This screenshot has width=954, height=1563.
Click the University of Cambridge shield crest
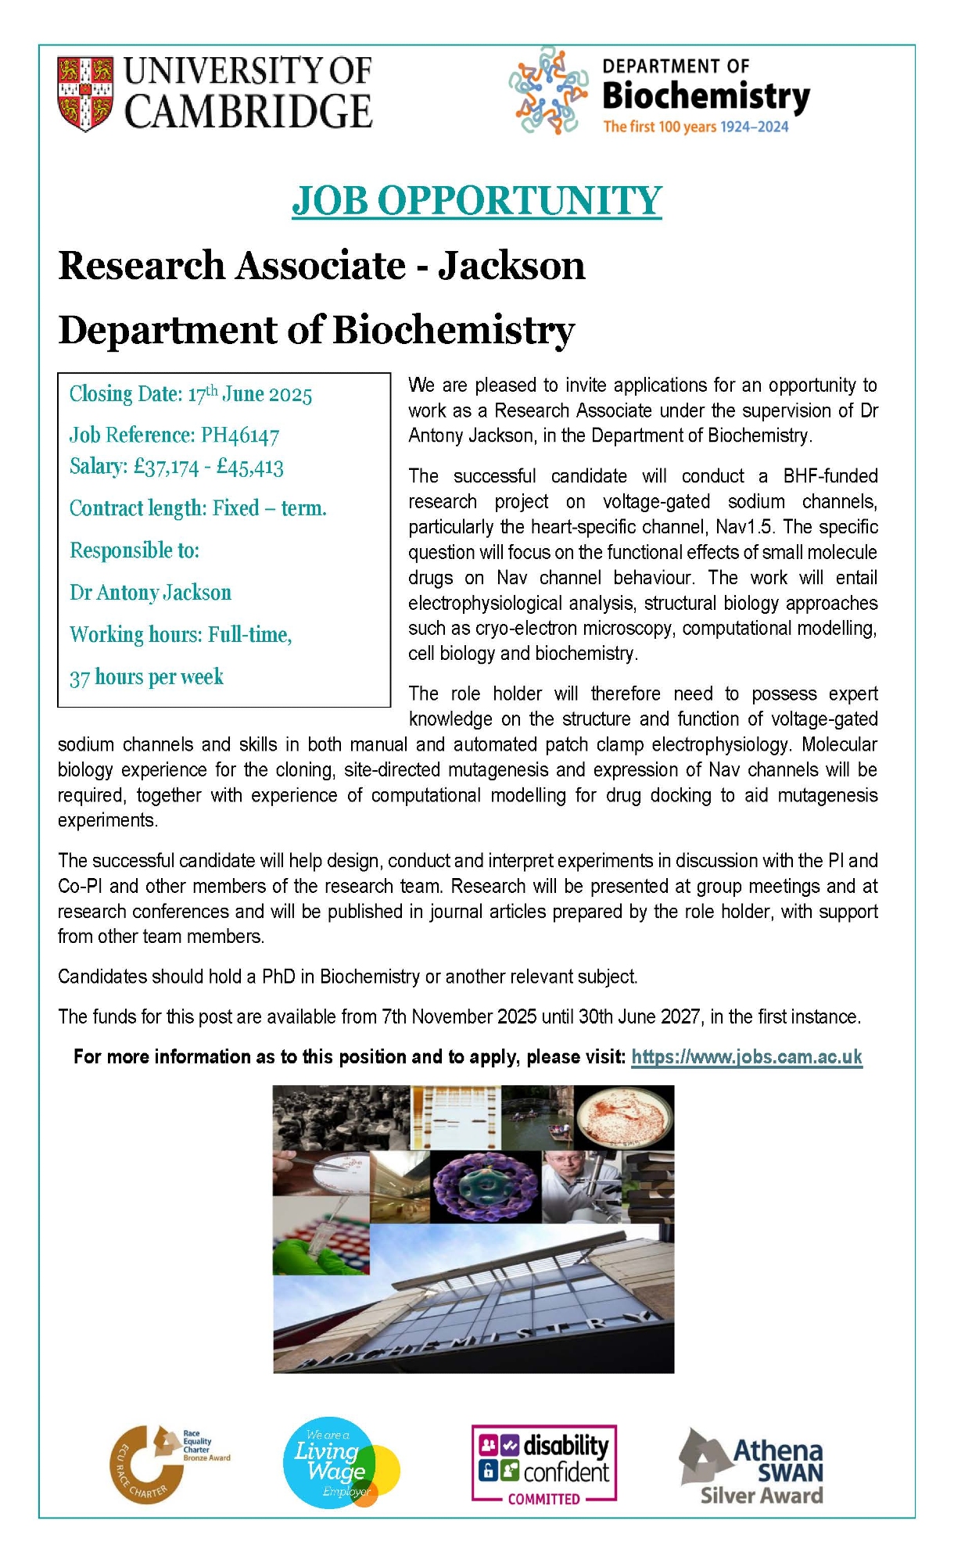click(84, 93)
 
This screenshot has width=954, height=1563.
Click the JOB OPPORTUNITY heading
click(476, 201)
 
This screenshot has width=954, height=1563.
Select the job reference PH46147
click(240, 436)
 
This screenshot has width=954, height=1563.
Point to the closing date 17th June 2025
click(249, 394)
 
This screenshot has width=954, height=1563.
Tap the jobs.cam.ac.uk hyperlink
click(746, 1057)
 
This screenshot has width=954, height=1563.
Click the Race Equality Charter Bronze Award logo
click(164, 1462)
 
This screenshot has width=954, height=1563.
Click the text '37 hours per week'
click(146, 677)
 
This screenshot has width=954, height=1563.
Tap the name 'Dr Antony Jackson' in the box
click(150, 593)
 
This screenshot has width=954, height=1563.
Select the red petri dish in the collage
click(623, 1117)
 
